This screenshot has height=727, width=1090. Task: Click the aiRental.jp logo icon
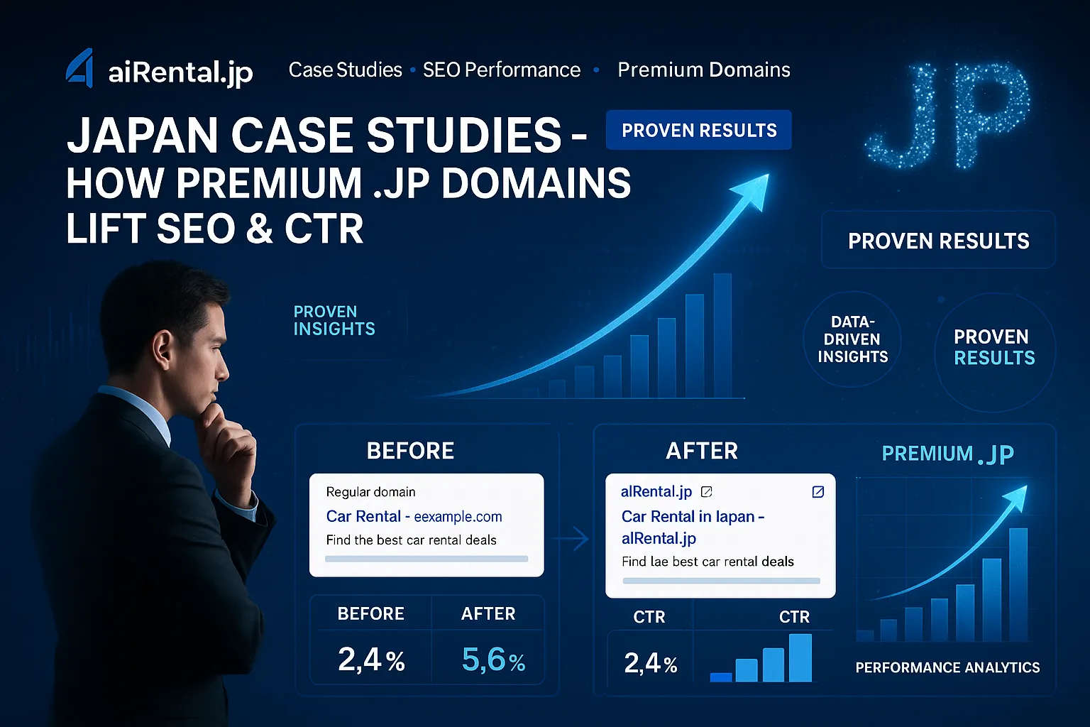point(79,68)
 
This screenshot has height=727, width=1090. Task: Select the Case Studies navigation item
point(346,70)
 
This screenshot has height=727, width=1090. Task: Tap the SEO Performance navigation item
point(502,70)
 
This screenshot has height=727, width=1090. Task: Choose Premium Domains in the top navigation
point(704,70)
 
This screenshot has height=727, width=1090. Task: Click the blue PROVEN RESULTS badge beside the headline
point(699,130)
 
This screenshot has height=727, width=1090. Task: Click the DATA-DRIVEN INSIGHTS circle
point(852,339)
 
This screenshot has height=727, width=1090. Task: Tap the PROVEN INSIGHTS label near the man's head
point(334,320)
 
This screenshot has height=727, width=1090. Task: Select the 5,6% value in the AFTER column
point(493,660)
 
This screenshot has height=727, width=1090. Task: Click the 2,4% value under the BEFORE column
point(371,660)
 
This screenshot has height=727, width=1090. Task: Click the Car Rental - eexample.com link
point(414,516)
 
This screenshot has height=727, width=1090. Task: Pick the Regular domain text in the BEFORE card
point(371,492)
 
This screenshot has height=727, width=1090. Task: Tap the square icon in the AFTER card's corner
point(818,492)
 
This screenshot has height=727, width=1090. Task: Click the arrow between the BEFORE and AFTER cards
point(573,539)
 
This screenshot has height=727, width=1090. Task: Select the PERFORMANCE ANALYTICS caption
point(947,667)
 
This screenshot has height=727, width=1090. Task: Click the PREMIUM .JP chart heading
point(948,454)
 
